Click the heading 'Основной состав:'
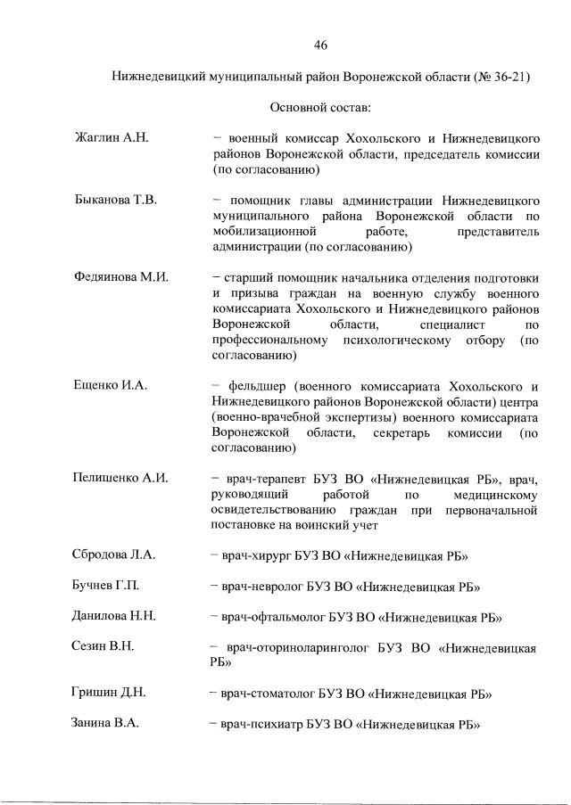[x=320, y=108]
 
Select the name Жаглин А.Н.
[x=111, y=139]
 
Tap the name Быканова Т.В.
[x=115, y=200]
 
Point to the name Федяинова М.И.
[x=121, y=277]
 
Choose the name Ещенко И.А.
[x=110, y=385]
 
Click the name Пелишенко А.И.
[x=120, y=478]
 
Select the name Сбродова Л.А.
[x=114, y=554]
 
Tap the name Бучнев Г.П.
[x=106, y=586]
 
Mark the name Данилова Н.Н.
[x=115, y=616]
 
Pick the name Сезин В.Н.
[x=103, y=647]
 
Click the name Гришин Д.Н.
[x=109, y=693]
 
